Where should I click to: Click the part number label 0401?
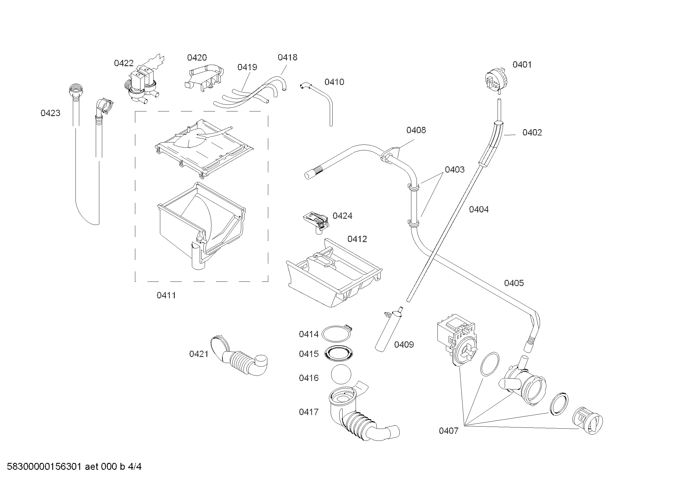[x=522, y=64]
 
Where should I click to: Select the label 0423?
[x=50, y=113]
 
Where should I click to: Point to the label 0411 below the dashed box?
[x=166, y=295]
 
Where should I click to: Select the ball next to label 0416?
[x=341, y=374]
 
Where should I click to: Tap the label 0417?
[x=309, y=412]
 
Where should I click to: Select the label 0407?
[x=448, y=431]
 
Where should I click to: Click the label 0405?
[x=514, y=283]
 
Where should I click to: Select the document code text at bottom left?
[x=74, y=467]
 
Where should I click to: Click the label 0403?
[x=455, y=169]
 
